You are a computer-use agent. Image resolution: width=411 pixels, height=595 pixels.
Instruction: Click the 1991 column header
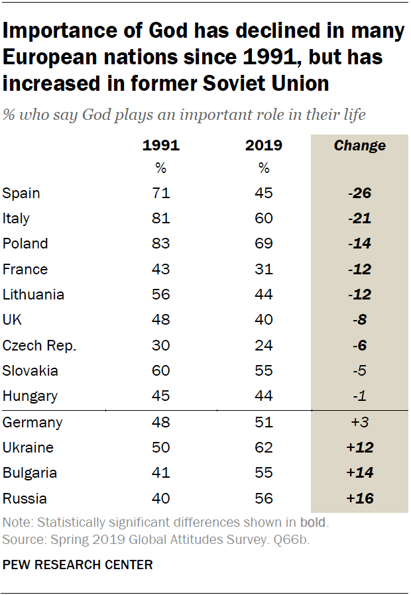pyautogui.click(x=161, y=146)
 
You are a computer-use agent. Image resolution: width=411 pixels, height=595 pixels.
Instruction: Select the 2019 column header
pyautogui.click(x=264, y=146)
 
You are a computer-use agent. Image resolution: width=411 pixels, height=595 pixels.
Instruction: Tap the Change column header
pyautogui.click(x=360, y=146)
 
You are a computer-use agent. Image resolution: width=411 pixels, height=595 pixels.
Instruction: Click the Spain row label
pyautogui.click(x=21, y=193)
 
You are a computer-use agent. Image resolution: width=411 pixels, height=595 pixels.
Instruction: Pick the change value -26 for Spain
pyautogui.click(x=360, y=193)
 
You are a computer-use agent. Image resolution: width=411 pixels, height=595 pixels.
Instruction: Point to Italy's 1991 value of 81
pyautogui.click(x=161, y=219)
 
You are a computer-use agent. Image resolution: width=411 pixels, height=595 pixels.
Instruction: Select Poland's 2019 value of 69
pyautogui.click(x=264, y=244)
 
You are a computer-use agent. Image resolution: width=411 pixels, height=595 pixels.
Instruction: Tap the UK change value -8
pyautogui.click(x=360, y=320)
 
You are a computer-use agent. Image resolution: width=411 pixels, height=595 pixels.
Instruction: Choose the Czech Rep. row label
pyautogui.click(x=39, y=346)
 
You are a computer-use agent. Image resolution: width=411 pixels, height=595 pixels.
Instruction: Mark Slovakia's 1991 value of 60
pyautogui.click(x=161, y=371)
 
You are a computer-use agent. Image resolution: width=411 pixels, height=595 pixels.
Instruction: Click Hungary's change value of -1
pyautogui.click(x=360, y=396)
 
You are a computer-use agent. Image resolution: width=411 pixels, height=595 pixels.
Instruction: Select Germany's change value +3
pyautogui.click(x=360, y=422)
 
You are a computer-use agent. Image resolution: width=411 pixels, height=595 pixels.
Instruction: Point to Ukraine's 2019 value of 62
pyautogui.click(x=264, y=447)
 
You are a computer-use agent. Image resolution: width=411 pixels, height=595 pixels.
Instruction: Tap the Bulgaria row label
pyautogui.click(x=30, y=473)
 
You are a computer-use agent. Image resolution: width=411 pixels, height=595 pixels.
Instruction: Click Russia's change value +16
pyautogui.click(x=360, y=498)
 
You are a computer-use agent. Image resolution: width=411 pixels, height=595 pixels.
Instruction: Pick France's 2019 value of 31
pyautogui.click(x=264, y=270)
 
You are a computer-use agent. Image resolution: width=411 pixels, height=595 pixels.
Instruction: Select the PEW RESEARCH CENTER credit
pyautogui.click(x=78, y=565)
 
